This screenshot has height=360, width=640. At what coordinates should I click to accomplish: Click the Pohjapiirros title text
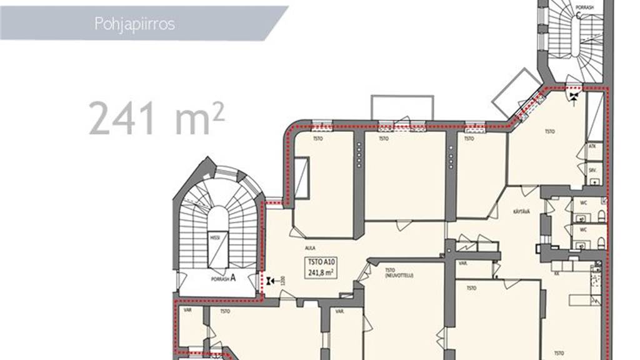coord(134,24)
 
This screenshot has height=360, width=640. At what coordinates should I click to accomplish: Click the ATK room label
coord(591,147)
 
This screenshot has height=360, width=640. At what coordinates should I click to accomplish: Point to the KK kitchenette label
coord(556,273)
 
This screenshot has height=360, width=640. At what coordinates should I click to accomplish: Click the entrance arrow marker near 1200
coord(269,282)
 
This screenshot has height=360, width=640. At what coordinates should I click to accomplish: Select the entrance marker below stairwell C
coord(572,95)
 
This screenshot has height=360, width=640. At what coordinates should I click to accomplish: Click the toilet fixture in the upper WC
coord(601,216)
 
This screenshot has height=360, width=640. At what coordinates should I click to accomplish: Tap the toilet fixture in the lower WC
coord(601,242)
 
